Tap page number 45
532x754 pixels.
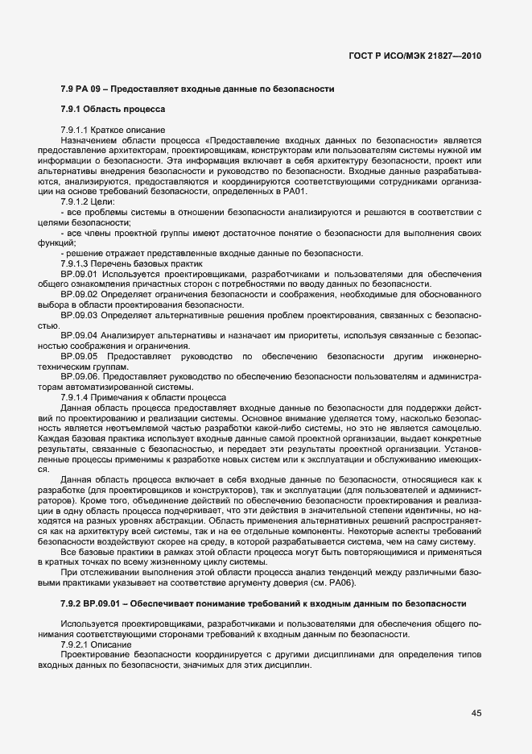click(476, 711)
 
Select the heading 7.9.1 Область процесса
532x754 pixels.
click(112, 108)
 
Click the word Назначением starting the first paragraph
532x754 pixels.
click(88, 139)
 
